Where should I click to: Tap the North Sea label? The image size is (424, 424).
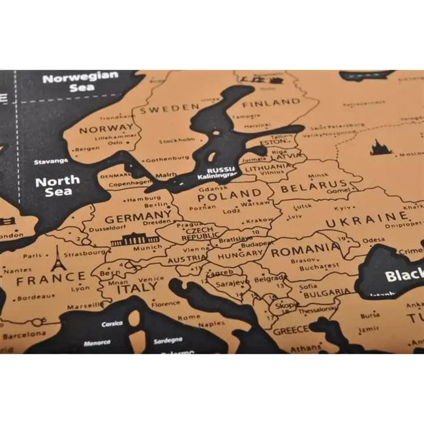(57, 187)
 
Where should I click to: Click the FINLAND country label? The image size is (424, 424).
(271, 103)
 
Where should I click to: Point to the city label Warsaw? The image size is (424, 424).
(255, 204)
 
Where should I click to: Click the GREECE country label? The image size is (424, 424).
(290, 330)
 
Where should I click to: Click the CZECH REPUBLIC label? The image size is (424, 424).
(200, 235)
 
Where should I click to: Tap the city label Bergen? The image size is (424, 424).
(87, 149)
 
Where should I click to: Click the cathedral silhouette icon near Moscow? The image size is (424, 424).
(379, 148)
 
